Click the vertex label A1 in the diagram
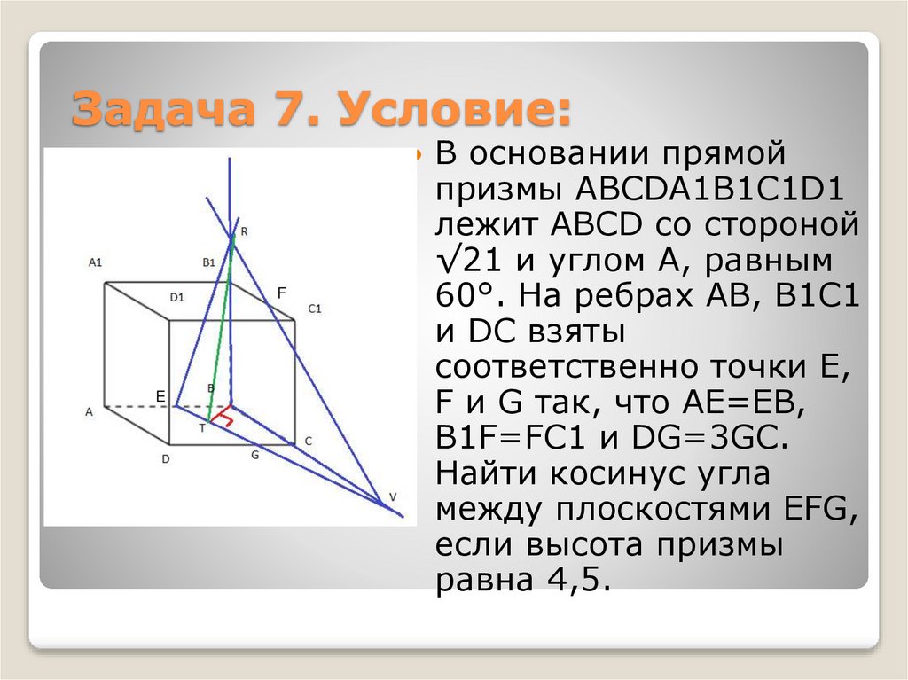click(96, 262)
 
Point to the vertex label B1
click(209, 262)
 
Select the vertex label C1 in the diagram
click(314, 309)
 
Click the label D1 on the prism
click(176, 297)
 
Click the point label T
click(201, 427)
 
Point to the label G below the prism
click(254, 455)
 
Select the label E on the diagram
click(160, 395)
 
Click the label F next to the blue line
click(282, 292)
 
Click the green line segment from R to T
click(221, 328)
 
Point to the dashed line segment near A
click(137, 408)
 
